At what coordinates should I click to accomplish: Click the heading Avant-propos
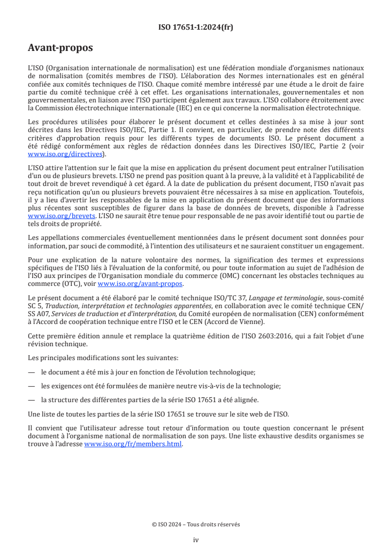60,48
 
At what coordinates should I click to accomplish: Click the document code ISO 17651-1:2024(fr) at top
196,27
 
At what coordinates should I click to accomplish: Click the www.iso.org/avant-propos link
140,284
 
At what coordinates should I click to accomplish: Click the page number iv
196,540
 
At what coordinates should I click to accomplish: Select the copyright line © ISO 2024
196,524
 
